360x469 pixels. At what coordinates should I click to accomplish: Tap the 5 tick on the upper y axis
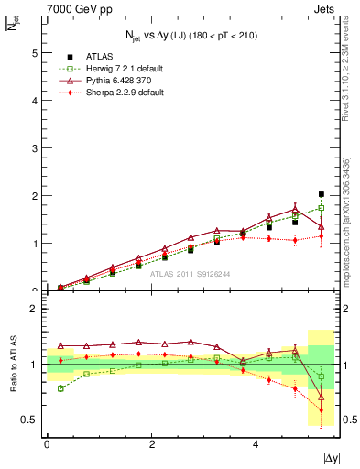[37, 53]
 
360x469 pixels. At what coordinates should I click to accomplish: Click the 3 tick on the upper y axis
[37, 148]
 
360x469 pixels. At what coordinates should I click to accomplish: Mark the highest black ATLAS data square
[321, 194]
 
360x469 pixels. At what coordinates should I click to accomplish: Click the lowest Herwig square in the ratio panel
[60, 388]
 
